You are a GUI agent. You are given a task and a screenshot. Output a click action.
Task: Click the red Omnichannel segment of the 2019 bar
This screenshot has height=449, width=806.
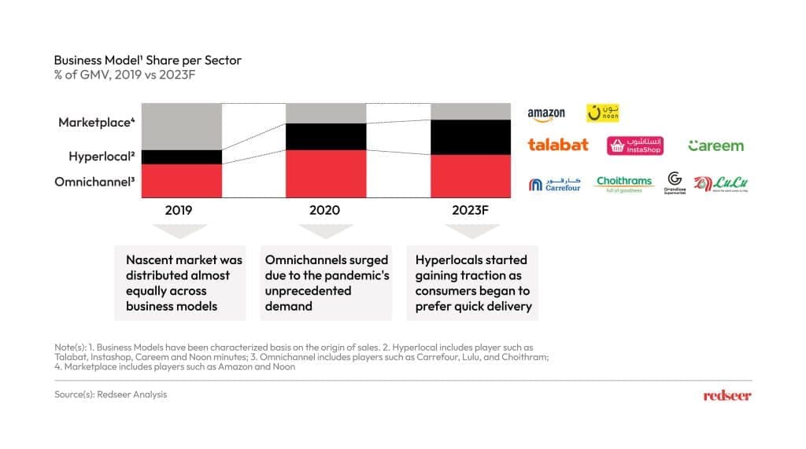click(x=182, y=181)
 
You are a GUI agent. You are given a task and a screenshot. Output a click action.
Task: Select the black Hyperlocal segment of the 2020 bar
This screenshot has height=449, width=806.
click(x=326, y=136)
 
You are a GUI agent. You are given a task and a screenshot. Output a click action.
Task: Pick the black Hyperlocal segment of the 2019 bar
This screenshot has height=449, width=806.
click(x=182, y=156)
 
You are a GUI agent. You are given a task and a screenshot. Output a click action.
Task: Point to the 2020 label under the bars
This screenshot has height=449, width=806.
click(x=325, y=211)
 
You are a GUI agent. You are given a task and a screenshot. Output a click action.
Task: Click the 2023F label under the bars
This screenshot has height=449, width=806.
click(x=471, y=211)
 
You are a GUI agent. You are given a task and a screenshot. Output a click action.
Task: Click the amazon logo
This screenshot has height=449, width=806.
click(x=546, y=114)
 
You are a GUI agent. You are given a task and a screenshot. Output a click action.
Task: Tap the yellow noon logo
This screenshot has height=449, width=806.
click(x=603, y=113)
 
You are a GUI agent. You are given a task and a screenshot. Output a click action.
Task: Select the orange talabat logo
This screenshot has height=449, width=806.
click(x=558, y=145)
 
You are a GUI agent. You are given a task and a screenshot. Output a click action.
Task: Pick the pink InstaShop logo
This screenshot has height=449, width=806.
click(x=635, y=145)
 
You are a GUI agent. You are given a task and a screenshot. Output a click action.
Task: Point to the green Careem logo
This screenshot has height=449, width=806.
click(x=715, y=145)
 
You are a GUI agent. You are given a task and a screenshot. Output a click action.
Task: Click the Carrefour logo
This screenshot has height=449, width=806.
click(x=554, y=185)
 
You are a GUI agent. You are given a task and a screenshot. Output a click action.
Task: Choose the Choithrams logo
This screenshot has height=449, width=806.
click(x=624, y=184)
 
